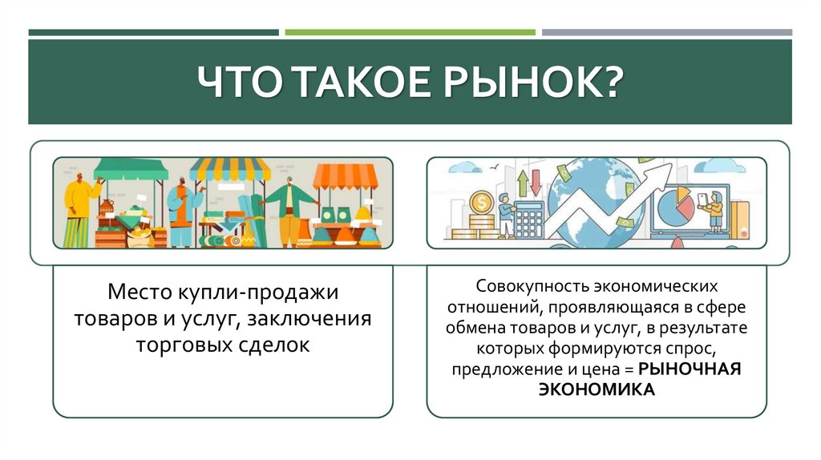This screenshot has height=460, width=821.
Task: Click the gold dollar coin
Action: [x=482, y=201]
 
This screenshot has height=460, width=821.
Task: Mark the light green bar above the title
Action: [x=410, y=32]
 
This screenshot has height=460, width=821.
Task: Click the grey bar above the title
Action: [x=666, y=32]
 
